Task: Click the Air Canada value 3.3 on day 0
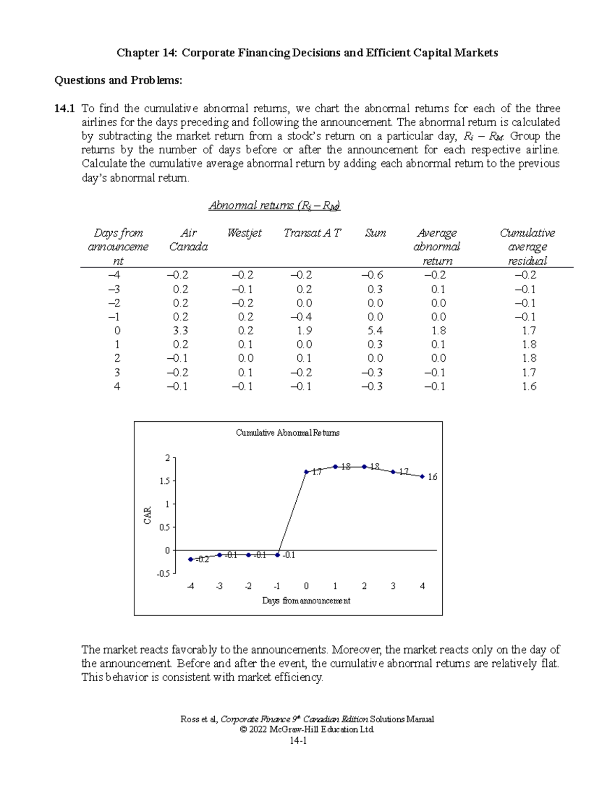[x=180, y=331]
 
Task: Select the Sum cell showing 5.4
[x=375, y=331]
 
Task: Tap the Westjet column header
[x=244, y=233]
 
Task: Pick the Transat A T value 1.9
[x=304, y=331]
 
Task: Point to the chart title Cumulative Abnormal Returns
[x=288, y=433]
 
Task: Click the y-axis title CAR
[x=148, y=515]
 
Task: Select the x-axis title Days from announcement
[x=306, y=600]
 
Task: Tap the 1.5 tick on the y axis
[x=165, y=481]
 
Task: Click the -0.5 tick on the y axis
[x=163, y=574]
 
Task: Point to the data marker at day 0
[x=306, y=472]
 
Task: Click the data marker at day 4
[x=422, y=477]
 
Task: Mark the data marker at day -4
[x=191, y=559]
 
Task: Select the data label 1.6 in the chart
[x=433, y=477]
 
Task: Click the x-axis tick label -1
[x=277, y=586]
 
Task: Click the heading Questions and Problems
[x=118, y=80]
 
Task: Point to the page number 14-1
[x=298, y=740]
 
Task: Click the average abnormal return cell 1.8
[x=439, y=331]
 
